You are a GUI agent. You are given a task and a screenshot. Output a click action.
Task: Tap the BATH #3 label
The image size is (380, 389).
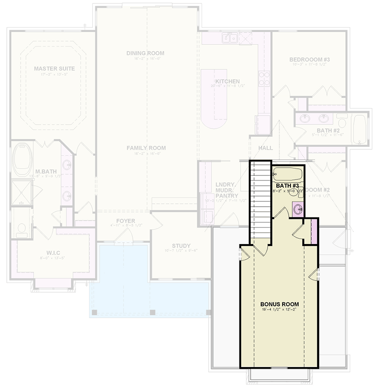[287, 186]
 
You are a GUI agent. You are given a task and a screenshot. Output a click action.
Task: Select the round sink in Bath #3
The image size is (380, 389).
[297, 210]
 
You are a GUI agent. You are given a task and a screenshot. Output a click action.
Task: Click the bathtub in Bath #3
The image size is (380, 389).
[288, 174]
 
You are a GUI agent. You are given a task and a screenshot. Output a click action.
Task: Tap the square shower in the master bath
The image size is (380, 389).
[21, 192]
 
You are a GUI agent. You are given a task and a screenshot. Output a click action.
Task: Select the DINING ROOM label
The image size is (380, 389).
[145, 53]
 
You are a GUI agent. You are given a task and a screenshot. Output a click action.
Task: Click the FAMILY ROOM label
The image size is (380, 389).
[146, 148]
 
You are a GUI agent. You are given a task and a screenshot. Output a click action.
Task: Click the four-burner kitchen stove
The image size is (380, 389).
[264, 78]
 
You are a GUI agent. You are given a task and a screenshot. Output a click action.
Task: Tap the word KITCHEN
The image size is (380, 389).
[227, 81]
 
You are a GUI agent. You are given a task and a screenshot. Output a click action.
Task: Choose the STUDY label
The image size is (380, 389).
[181, 246]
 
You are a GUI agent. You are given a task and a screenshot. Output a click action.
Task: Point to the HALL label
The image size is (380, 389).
[266, 148]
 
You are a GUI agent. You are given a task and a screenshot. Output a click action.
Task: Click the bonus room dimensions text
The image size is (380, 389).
[279, 310]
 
